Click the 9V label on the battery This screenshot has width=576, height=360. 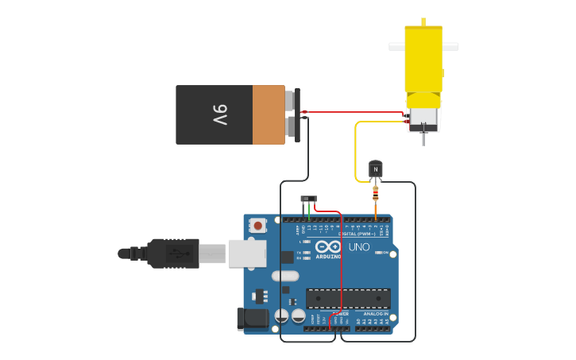click(219, 114)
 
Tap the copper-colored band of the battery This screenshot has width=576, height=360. click(269, 114)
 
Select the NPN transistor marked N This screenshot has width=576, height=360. click(376, 168)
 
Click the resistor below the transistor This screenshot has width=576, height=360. click(376, 193)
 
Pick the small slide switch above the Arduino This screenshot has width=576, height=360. click(308, 199)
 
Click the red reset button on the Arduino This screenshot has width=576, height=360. click(258, 226)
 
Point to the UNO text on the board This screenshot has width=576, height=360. click(359, 247)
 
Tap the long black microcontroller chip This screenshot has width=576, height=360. click(348, 298)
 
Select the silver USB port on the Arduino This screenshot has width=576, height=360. click(246, 254)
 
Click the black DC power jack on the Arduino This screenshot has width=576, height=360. click(253, 319)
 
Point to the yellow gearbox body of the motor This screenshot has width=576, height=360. click(423, 60)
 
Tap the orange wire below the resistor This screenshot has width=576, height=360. click(376, 209)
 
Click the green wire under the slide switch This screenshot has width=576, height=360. click(309, 210)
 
